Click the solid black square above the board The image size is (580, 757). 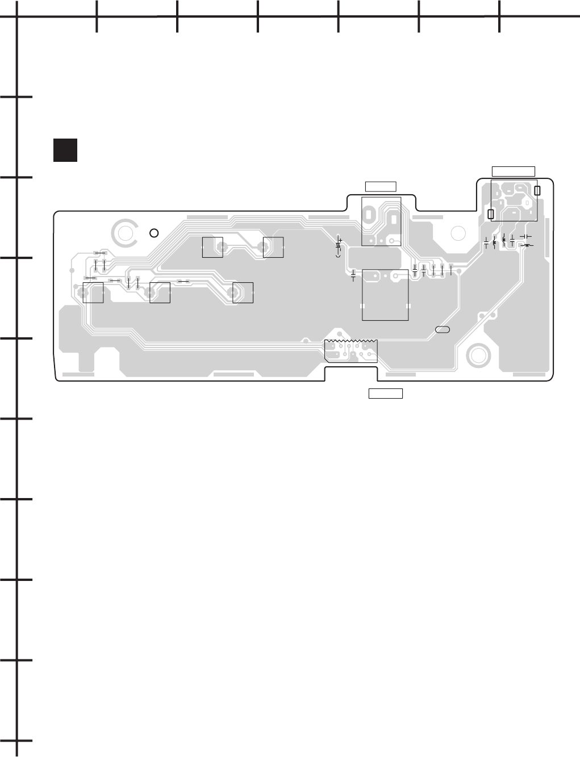point(65,150)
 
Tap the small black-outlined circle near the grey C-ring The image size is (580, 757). point(153,233)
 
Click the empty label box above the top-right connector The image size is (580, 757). point(513,172)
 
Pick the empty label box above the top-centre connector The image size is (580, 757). point(381,185)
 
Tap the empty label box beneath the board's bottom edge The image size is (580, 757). point(386,393)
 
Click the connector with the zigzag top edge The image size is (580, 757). point(350,350)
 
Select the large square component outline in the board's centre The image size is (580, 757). point(385,294)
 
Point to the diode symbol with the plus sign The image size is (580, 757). point(339,245)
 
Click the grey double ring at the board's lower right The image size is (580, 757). point(479,356)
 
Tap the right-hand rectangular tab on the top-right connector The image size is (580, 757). point(537,191)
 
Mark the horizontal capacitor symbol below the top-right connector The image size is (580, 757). point(526,236)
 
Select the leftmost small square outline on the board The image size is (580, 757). point(93,292)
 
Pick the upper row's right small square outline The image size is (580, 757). point(273,247)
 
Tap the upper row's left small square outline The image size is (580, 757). point(212,247)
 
